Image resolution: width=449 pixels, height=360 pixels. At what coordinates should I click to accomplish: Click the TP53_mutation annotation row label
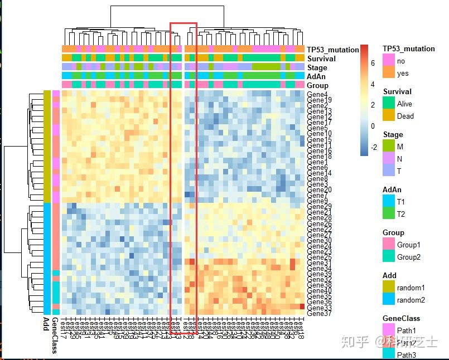click(x=332, y=50)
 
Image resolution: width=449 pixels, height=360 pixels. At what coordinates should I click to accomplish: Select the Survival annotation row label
click(x=321, y=59)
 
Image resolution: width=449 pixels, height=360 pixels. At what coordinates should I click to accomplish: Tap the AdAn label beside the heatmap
click(x=316, y=76)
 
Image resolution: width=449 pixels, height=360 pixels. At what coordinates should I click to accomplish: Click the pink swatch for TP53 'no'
click(x=388, y=61)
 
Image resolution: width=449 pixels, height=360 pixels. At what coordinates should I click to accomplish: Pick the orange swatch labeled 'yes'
click(x=388, y=73)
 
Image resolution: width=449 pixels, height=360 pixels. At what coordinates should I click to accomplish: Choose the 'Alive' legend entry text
click(x=404, y=104)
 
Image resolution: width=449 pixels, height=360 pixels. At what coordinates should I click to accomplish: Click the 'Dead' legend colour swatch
click(x=388, y=116)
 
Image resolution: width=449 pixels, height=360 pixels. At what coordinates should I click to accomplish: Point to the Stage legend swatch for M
click(x=388, y=147)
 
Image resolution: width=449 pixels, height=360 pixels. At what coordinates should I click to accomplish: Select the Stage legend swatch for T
click(x=388, y=171)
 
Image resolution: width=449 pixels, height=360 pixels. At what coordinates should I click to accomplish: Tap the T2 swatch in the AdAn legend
click(x=388, y=214)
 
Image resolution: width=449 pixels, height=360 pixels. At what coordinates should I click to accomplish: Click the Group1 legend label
click(x=408, y=245)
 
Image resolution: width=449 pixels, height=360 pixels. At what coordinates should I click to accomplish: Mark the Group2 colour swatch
click(x=388, y=257)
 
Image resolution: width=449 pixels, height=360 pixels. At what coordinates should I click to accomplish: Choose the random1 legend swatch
click(x=388, y=288)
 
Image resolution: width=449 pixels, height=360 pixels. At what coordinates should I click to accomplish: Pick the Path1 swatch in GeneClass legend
click(x=388, y=330)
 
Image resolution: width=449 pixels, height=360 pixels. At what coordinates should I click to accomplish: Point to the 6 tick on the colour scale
click(x=373, y=64)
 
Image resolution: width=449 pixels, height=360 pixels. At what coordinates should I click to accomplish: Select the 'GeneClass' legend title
click(x=401, y=318)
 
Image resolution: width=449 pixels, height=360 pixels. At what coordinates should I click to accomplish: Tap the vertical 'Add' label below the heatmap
click(x=46, y=324)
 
